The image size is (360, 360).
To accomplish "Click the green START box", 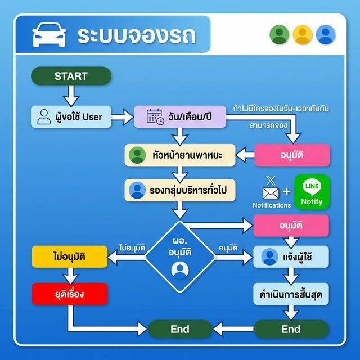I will (71, 76).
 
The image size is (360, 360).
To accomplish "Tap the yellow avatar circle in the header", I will (302, 35).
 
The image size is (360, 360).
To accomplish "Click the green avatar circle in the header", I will (279, 35).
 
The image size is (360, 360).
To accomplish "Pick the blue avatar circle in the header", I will (325, 35).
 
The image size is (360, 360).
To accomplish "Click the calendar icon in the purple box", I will (155, 117).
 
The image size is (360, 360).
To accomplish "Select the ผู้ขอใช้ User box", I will (71, 117).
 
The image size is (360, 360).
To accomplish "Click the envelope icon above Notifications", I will (271, 193).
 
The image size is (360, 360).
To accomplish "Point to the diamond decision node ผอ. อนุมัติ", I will (180, 256).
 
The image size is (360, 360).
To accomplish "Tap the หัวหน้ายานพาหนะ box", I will (179, 155).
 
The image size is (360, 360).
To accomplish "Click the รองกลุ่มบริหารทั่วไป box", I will (179, 190).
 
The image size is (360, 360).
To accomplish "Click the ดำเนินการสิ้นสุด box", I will (291, 294).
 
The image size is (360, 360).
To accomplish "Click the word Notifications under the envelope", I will (271, 206).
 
